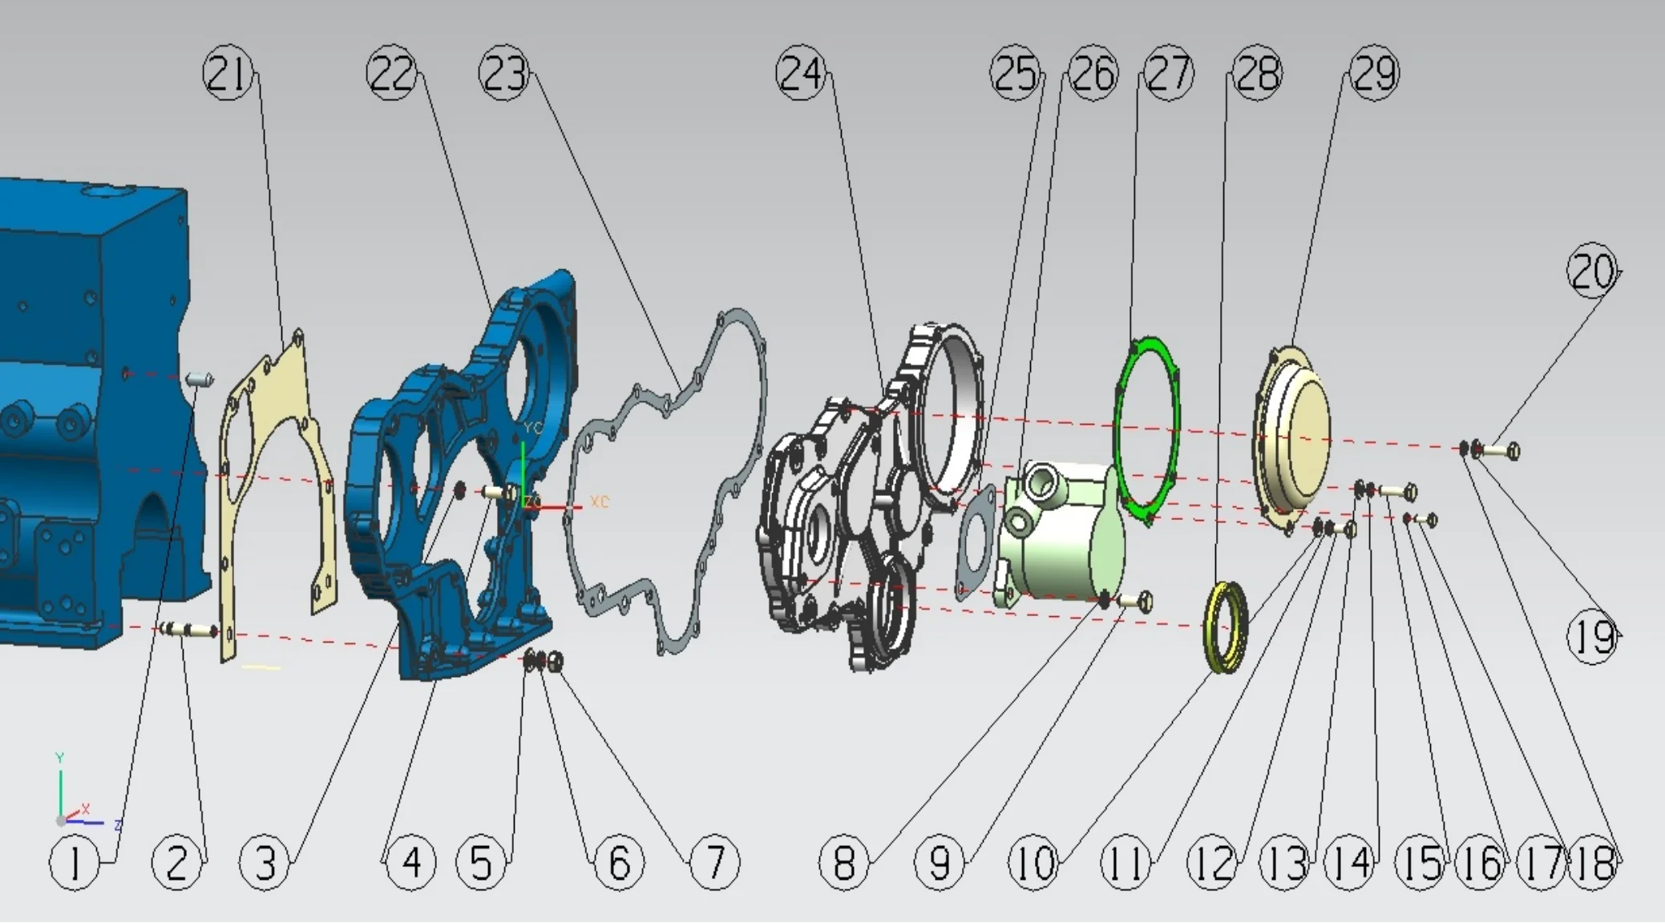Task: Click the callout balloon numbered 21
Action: (228, 75)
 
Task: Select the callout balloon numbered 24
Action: (801, 75)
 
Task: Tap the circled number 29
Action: (1374, 75)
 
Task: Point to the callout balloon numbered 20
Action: (1591, 271)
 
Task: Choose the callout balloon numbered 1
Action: (75, 864)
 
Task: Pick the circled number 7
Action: (714, 864)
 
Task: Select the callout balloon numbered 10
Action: (1034, 864)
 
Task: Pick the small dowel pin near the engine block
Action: (199, 378)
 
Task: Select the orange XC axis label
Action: (600, 502)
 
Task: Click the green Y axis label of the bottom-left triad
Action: (59, 757)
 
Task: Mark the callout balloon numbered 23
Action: (504, 75)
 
